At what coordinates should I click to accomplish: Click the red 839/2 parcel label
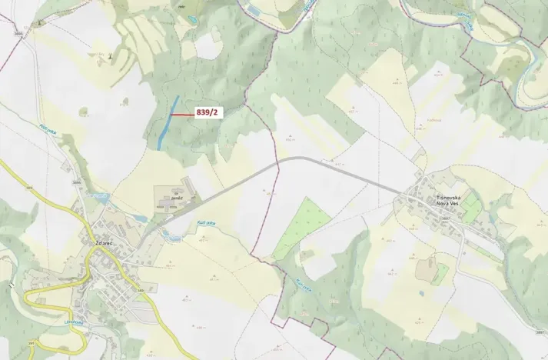[208, 113]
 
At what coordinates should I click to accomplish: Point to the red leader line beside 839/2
[182, 115]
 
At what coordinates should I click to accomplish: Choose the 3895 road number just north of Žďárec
[76, 182]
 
